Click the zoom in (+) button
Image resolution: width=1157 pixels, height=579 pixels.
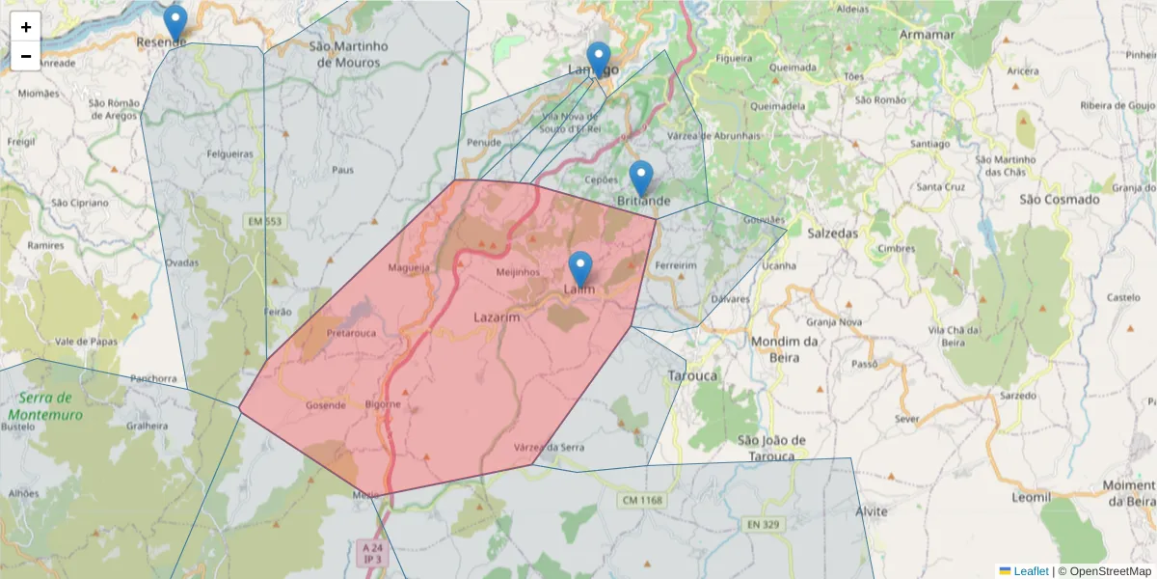[26, 27]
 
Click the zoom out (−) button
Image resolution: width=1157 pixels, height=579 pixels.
[26, 56]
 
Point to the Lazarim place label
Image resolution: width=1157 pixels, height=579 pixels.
[498, 317]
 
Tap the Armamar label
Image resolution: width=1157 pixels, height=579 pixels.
[926, 35]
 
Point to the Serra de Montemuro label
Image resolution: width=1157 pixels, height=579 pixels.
[45, 406]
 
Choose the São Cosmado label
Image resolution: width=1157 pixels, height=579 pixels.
[1059, 200]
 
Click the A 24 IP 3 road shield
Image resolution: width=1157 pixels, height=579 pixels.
[371, 553]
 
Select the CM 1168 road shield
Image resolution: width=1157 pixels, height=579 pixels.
[641, 500]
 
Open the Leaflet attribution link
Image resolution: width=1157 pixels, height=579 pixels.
[1030, 571]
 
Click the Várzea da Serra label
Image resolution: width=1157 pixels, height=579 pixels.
[549, 447]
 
